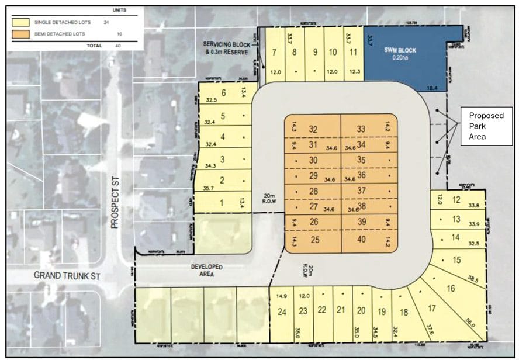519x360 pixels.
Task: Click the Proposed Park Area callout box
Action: point(483,124)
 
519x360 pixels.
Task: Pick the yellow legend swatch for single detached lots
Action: point(24,22)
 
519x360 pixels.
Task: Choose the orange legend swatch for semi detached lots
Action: point(24,33)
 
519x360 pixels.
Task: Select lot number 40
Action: point(361,240)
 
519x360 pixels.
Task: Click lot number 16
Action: point(450,288)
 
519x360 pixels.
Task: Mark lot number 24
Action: point(282,311)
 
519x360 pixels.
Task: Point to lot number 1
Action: point(222,203)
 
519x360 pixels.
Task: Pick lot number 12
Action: point(456,200)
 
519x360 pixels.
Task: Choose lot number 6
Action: point(222,94)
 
